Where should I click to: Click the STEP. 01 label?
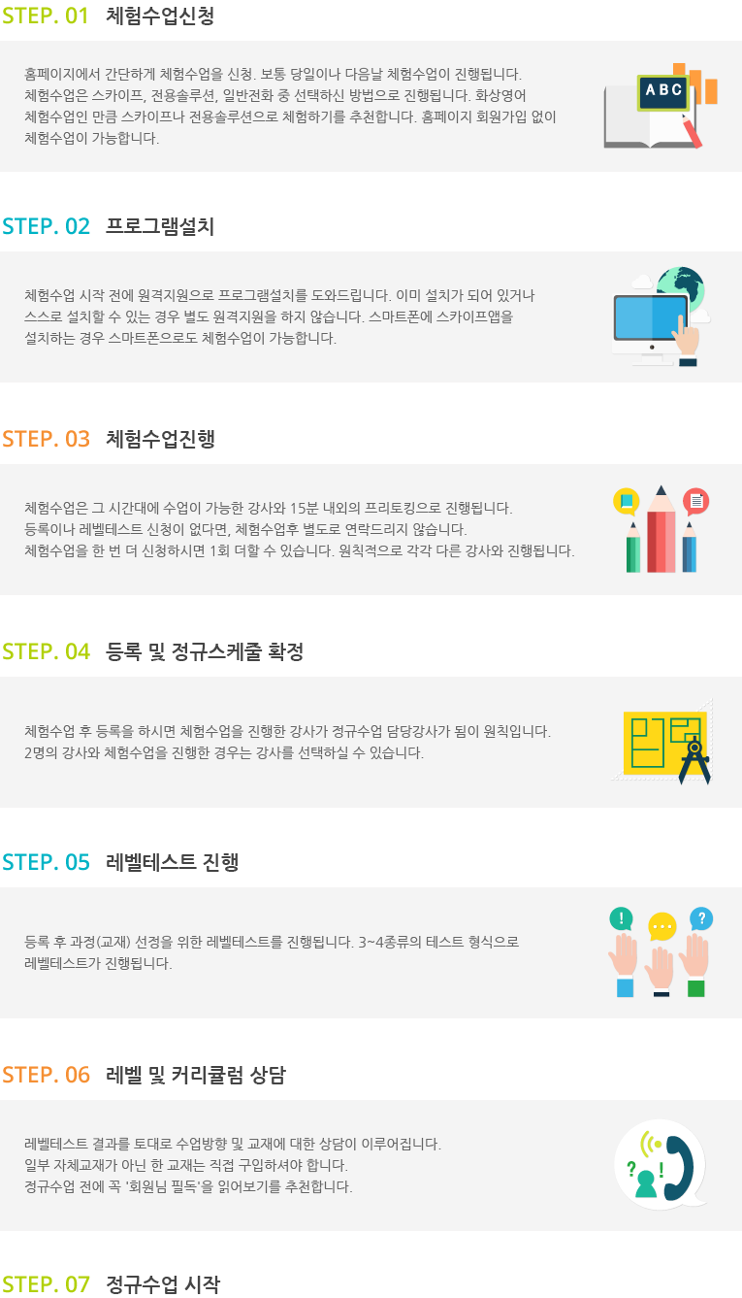point(46,16)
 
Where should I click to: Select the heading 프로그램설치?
point(160,226)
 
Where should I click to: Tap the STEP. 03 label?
point(46,439)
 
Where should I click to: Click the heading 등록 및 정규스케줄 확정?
point(205,651)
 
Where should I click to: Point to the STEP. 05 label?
point(46,862)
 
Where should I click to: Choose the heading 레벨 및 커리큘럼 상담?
point(196,1075)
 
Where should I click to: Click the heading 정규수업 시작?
point(163,1284)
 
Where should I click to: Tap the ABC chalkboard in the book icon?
point(663,91)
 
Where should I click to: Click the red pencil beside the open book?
point(692,131)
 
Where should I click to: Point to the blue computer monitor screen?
point(650,316)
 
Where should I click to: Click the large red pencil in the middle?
point(661,529)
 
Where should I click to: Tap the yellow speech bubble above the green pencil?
point(627,501)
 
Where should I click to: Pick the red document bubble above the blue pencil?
point(695,501)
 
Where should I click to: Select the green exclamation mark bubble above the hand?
point(621,918)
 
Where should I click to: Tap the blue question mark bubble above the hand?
point(701,918)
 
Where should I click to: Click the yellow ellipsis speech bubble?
point(662,927)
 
